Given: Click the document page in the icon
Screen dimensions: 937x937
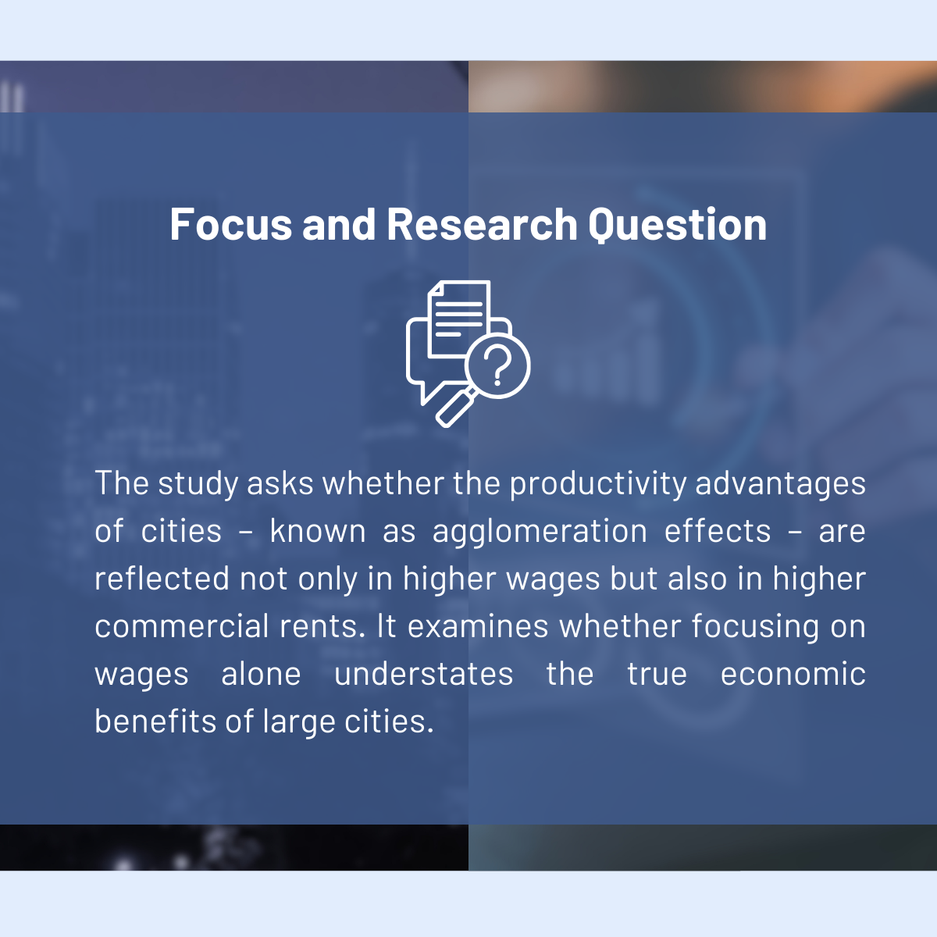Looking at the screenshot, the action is (459, 319).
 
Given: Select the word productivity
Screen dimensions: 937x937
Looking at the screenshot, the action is (598, 484).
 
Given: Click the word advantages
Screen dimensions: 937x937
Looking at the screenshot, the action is (780, 485).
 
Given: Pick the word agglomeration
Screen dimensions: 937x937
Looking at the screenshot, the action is (540, 532).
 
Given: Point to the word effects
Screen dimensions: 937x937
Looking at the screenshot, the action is (718, 530).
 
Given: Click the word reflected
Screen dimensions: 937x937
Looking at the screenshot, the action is (162, 578).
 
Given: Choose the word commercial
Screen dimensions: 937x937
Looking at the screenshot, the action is (181, 625).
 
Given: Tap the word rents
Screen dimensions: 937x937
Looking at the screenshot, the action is (322, 627).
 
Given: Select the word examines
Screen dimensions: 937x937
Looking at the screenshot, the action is (478, 626).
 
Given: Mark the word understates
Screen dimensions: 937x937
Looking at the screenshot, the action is (423, 675).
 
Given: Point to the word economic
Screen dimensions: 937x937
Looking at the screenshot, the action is (793, 674).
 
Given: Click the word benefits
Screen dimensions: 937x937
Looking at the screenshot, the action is (155, 721).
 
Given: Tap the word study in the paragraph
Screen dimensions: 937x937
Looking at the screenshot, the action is (198, 485).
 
